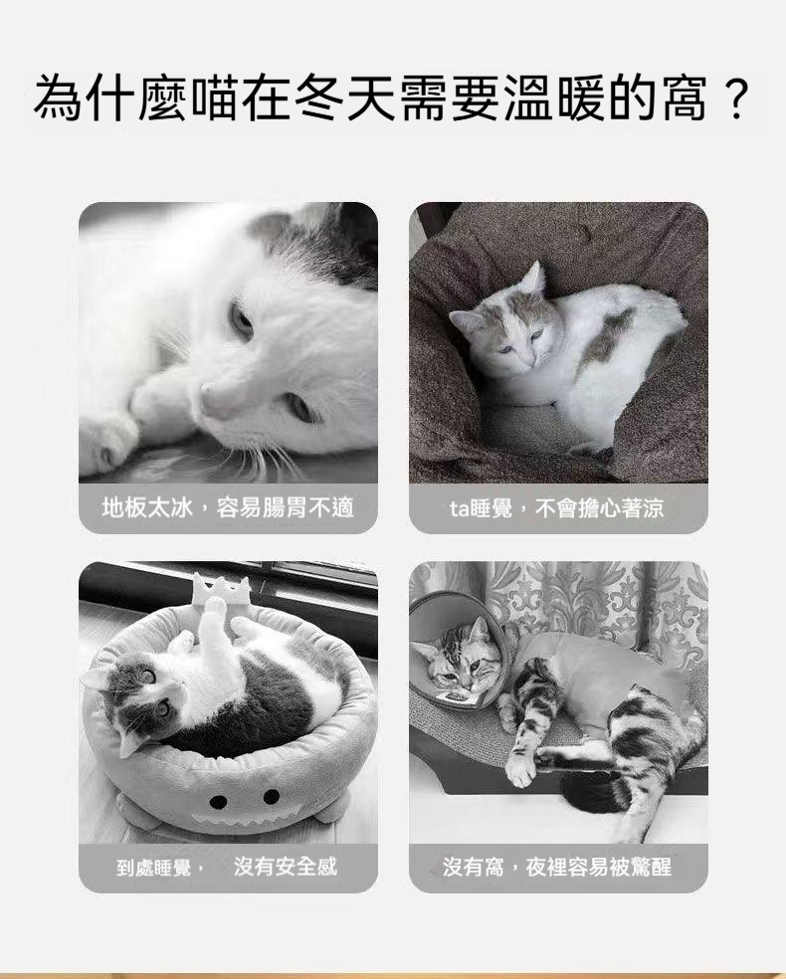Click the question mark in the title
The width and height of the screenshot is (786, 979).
[736, 98]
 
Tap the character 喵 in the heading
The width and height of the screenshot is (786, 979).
[215, 98]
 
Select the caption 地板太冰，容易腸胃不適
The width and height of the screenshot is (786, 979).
[228, 508]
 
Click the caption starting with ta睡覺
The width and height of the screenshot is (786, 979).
[557, 508]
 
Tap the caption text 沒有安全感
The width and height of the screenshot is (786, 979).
[286, 867]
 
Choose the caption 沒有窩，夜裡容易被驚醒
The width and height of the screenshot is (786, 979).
[557, 867]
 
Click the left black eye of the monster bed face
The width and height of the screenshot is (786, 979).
[218, 801]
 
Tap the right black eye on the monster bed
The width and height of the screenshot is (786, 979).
[272, 797]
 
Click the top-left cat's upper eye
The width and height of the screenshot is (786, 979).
[240, 318]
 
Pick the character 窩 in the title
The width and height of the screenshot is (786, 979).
[685, 98]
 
